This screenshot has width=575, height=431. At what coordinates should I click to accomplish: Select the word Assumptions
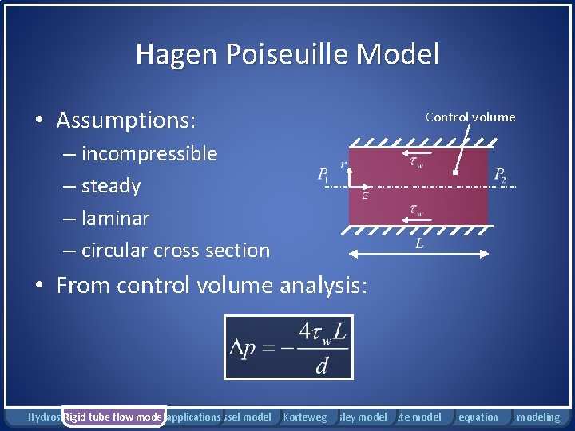click(x=125, y=120)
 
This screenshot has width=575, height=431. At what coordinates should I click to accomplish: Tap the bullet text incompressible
click(x=149, y=153)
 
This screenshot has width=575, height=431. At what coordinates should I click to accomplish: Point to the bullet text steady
click(x=111, y=186)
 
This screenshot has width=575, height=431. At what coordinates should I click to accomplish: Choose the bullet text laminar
click(x=115, y=218)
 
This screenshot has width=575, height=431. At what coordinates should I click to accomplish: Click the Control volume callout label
click(x=470, y=117)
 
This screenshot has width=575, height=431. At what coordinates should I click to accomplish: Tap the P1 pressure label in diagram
click(x=323, y=175)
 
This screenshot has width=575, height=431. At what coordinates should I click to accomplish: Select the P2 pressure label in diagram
click(x=500, y=175)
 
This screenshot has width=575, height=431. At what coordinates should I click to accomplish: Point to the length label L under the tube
click(x=419, y=244)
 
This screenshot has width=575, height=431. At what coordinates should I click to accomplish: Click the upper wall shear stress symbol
click(x=416, y=163)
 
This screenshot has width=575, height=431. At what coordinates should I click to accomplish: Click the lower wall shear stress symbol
click(x=416, y=212)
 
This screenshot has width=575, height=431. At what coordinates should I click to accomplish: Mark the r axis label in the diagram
click(x=343, y=164)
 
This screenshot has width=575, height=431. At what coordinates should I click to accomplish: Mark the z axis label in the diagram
click(x=365, y=195)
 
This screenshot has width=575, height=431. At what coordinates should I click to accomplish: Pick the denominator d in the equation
click(x=322, y=366)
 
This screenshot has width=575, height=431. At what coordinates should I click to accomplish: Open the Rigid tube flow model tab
click(x=113, y=417)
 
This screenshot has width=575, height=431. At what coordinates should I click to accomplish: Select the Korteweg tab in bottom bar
click(x=305, y=417)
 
